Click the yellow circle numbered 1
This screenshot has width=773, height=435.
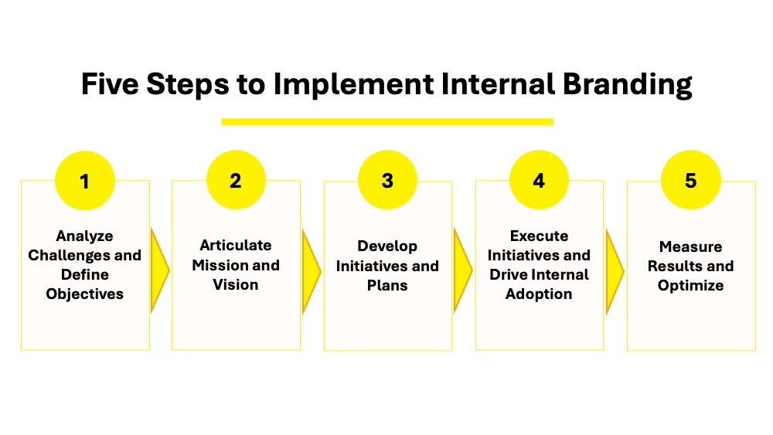pyautogui.click(x=84, y=182)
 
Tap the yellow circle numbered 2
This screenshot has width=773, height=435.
pyautogui.click(x=236, y=181)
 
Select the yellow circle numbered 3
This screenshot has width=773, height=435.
pyautogui.click(x=387, y=182)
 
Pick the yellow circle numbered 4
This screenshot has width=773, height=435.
pyautogui.click(x=539, y=181)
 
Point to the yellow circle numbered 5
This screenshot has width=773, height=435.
pyautogui.click(x=690, y=182)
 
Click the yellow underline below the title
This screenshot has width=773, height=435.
pyautogui.click(x=386, y=121)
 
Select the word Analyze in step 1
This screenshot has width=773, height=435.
pyautogui.click(x=84, y=236)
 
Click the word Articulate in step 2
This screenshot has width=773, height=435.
pyautogui.click(x=236, y=246)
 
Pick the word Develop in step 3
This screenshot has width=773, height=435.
pyautogui.click(x=387, y=246)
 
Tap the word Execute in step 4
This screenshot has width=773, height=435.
pyautogui.click(x=539, y=236)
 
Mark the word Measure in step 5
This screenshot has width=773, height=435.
pyautogui.click(x=690, y=246)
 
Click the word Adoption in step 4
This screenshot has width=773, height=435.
pyautogui.click(x=539, y=294)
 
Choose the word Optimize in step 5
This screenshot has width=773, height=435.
pyautogui.click(x=690, y=285)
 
